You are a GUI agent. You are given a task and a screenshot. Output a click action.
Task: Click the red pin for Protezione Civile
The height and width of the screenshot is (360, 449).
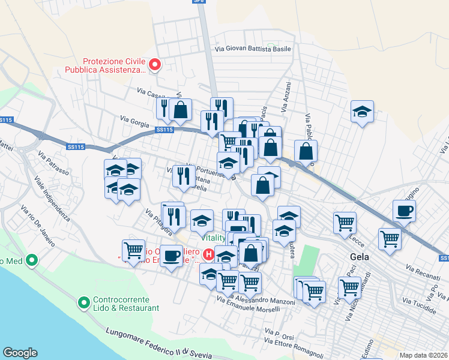pos(154,65)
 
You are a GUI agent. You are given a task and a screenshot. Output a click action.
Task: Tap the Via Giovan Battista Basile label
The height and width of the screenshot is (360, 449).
pos(253,50)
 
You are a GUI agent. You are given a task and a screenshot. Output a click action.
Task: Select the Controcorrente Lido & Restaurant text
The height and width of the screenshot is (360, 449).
pos(126,304)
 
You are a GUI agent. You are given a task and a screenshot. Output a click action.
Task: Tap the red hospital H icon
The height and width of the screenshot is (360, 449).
pos(209,254)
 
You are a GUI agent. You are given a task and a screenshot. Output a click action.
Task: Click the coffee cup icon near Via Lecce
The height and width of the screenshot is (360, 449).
pos(405,211)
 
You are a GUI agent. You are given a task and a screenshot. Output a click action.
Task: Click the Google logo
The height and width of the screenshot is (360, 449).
pos(20,353)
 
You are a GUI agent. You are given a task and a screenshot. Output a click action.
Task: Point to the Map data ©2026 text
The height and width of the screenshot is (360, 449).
pos(423,355)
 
